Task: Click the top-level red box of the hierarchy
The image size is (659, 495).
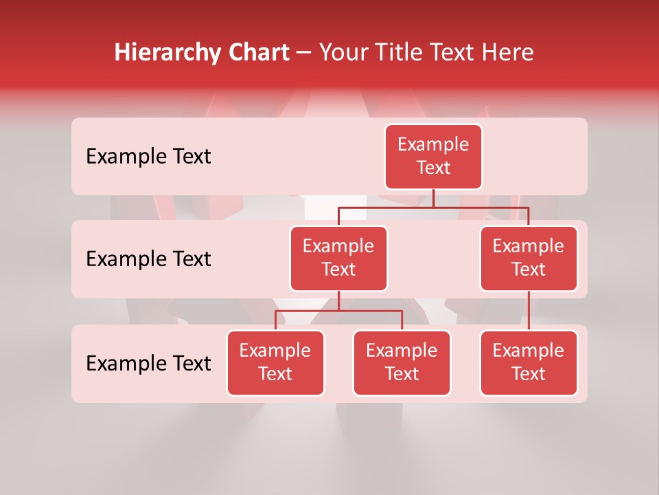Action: coord(433,157)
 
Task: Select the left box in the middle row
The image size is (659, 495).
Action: coord(338,258)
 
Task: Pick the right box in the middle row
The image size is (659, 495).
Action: coord(529,258)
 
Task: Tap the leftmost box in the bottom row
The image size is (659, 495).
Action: coord(275,363)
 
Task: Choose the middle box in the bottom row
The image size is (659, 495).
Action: coord(402,363)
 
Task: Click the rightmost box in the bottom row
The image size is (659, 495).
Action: coord(529,363)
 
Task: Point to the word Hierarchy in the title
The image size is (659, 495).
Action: coord(167,52)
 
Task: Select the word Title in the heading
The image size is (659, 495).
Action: coord(405,52)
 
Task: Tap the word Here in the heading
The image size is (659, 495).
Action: coord(508,52)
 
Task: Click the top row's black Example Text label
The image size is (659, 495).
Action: coord(148,157)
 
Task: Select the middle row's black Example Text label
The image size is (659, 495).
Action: coord(148,259)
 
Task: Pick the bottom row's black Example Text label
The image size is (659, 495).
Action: coord(148,364)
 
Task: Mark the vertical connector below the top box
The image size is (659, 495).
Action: coord(433,198)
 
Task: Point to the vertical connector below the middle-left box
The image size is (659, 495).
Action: coord(338,301)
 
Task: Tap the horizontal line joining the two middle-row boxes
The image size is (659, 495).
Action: coord(433,207)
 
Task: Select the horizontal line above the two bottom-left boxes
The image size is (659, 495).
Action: coord(338,311)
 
